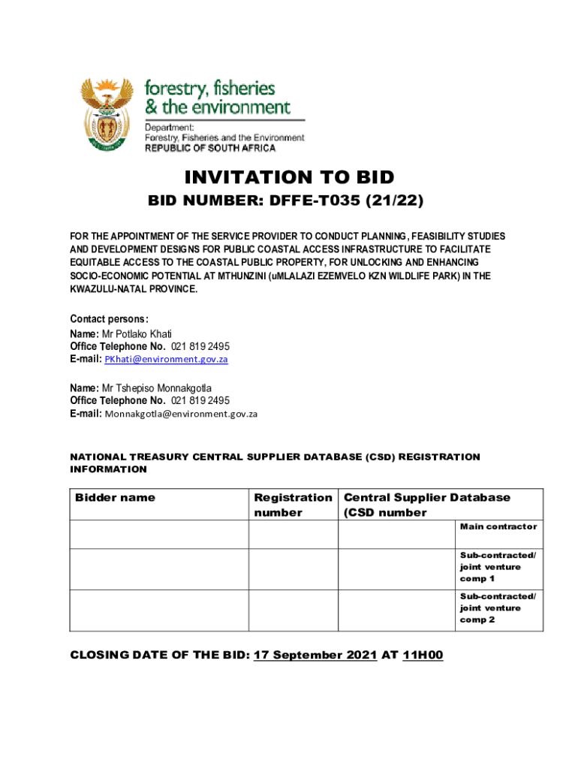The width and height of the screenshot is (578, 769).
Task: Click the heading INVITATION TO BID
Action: [289, 178]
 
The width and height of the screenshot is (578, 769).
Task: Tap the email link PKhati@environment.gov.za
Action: [166, 360]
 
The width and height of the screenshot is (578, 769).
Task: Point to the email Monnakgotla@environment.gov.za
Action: [181, 414]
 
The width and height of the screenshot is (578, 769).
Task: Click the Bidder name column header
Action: [116, 497]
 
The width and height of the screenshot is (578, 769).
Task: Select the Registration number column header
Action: [293, 505]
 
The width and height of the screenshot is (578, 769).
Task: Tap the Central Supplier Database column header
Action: [426, 497]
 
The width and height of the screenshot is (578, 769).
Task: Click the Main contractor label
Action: [498, 526]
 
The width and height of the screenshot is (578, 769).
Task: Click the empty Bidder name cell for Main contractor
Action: [159, 534]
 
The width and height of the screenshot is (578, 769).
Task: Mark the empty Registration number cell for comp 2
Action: [293, 610]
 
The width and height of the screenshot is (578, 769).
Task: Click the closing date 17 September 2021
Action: [315, 655]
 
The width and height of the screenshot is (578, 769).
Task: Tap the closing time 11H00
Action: [423, 655]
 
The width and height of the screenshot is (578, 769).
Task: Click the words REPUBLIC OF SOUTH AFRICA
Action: [210, 149]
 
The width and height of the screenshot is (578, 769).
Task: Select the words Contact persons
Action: [109, 318]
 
